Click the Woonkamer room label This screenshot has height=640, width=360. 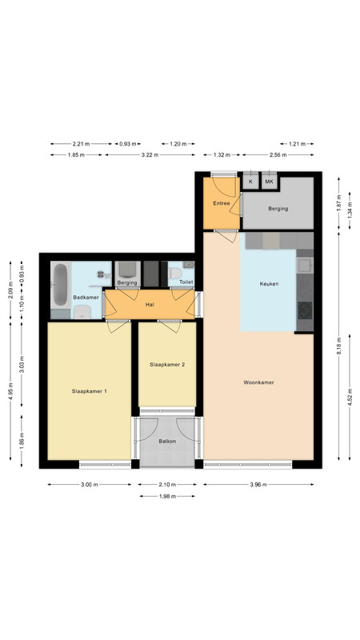point(258,382)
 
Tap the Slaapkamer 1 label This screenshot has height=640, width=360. point(90,391)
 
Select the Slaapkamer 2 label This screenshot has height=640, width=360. point(167,365)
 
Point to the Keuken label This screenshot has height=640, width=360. point(269,284)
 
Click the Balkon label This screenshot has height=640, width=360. point(167,442)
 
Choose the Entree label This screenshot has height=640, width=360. point(222,203)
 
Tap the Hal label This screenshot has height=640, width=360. point(150,305)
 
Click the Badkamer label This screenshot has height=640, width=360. point(86,298)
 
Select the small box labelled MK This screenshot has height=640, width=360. point(269,182)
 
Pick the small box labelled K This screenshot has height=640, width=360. point(250,182)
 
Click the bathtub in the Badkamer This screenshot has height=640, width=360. point(61,285)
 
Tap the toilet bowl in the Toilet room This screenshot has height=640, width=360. point(175,273)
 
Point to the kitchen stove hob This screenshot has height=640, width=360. point(305,310)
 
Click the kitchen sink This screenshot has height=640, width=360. point(305,266)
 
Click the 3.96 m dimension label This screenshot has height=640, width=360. point(258,485)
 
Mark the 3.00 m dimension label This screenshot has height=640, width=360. point(90,485)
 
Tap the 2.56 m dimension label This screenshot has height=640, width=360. point(278,155)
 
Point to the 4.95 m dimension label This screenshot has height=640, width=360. point(10,391)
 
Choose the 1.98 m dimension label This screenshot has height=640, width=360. point(167,496)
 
